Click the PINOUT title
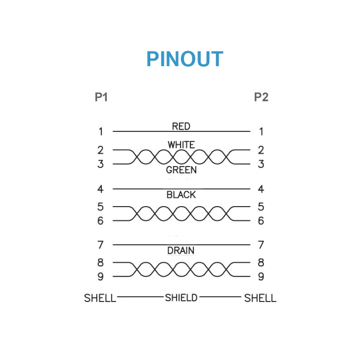click(184, 59)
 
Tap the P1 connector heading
click(101, 97)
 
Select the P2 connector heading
click(261, 97)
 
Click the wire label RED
click(181, 126)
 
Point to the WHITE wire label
click(181, 145)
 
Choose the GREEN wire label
click(181, 170)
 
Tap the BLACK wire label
click(181, 195)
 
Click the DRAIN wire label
click(181, 251)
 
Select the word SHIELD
click(181, 297)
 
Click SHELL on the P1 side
click(100, 298)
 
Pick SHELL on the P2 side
click(260, 298)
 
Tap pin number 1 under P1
click(101, 132)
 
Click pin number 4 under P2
click(261, 189)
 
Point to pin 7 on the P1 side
click(101, 245)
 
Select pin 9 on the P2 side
click(261, 277)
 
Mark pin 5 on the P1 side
click(101, 207)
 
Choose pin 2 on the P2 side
click(261, 150)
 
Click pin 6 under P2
click(261, 221)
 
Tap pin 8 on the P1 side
click(101, 262)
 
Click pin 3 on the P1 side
click(101, 164)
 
